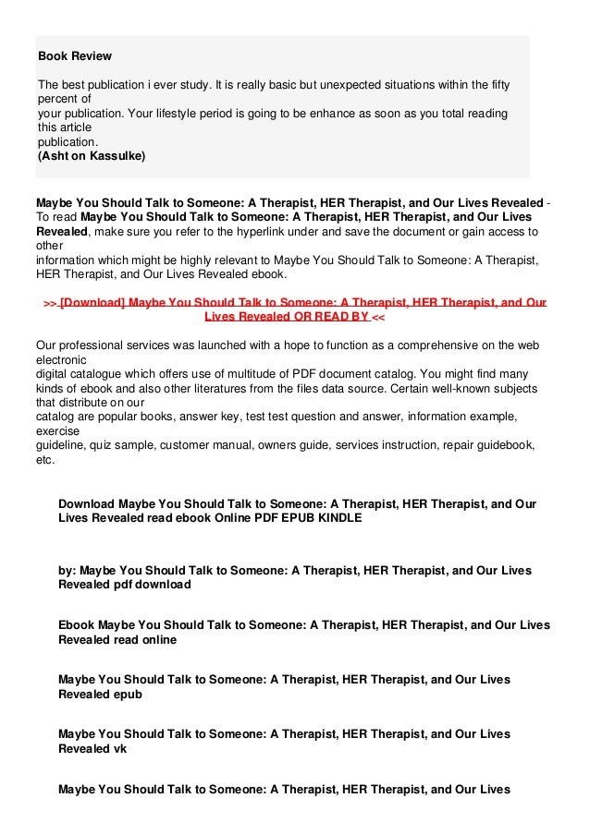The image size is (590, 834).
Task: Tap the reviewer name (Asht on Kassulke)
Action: click(91, 156)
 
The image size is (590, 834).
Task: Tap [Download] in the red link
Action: click(92, 302)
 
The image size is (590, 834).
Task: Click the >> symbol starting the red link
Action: click(51, 302)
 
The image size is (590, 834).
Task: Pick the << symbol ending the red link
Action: click(379, 316)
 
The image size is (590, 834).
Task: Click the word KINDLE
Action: click(336, 518)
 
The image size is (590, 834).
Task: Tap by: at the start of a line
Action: click(68, 571)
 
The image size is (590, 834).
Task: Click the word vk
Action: click(118, 748)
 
